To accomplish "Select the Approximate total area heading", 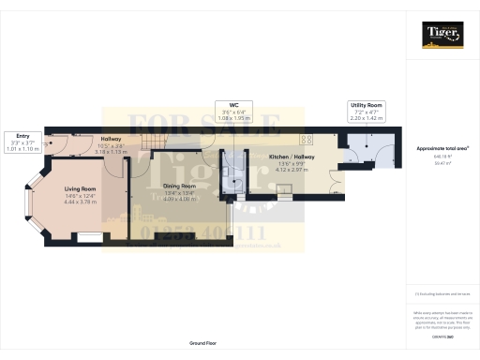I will pyautogui.click(x=442, y=149).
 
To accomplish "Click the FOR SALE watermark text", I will pyautogui.click(x=202, y=125).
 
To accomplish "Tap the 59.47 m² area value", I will pyautogui.click(x=442, y=162).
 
